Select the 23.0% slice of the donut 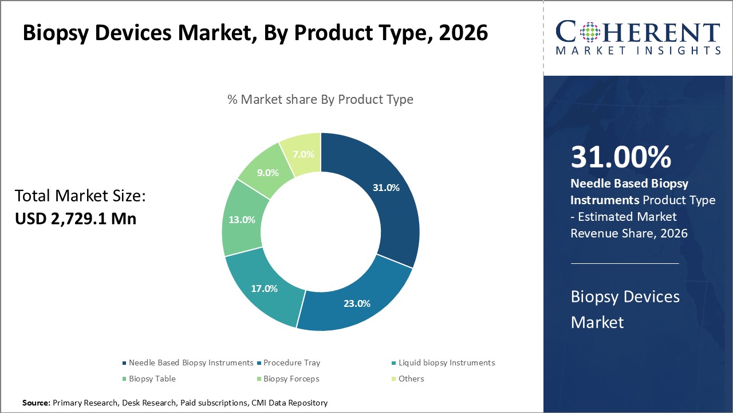click(x=357, y=303)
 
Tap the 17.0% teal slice click(x=264, y=289)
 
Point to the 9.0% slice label click(x=267, y=173)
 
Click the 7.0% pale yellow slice click(x=303, y=154)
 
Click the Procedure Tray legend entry click(x=291, y=363)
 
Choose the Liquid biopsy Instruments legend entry click(x=446, y=363)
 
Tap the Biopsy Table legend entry click(x=152, y=379)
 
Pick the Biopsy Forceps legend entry click(x=291, y=379)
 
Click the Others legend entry click(x=412, y=379)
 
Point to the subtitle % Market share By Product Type click(x=320, y=99)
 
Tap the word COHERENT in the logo click(x=638, y=32)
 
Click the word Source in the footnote click(x=36, y=403)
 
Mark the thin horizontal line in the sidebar click(x=624, y=263)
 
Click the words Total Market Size click(x=80, y=196)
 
